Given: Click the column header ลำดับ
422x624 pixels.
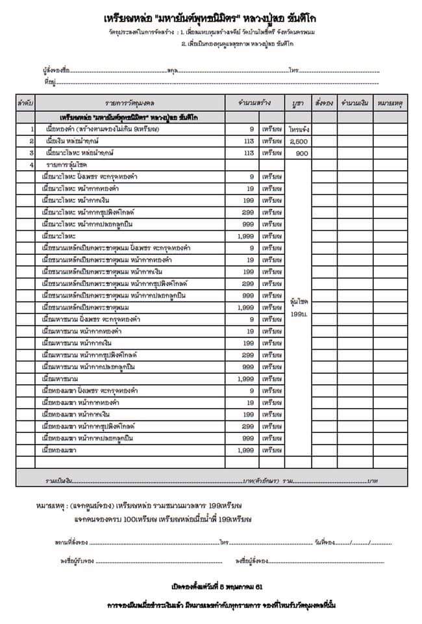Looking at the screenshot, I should (26, 103).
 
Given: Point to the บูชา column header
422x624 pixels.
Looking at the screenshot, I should (299, 103).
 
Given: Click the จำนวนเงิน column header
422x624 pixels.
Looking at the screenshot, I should (354, 103).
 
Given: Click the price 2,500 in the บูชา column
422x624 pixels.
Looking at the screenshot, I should (299, 141).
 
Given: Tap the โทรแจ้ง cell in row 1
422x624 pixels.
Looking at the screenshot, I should (299, 129).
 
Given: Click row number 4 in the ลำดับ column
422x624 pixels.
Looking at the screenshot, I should (31, 165).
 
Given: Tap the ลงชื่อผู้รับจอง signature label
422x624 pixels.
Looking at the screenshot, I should (75, 560).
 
